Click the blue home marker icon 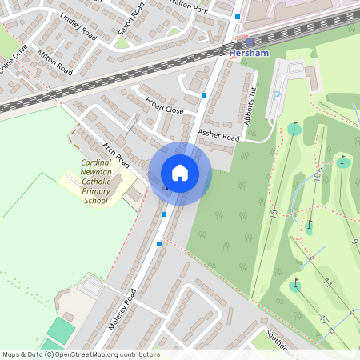tap(180, 173)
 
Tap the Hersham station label tap(247, 53)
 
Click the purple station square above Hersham tap(250, 42)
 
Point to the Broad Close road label tap(165, 106)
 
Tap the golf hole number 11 tap(327, 282)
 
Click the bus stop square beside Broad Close tap(205, 94)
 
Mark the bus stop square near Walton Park tap(238, 16)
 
